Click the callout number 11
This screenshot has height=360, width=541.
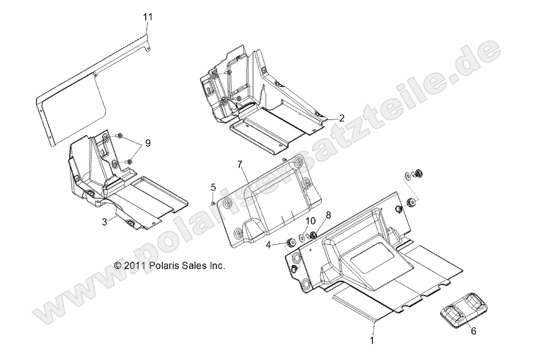148,17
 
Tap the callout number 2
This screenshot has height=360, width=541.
341,118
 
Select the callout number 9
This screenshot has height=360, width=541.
148,143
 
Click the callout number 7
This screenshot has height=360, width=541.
241,165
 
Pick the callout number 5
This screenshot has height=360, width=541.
213,187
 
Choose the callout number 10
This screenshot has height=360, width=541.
311,221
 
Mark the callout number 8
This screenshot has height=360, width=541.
328,215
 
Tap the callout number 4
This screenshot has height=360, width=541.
268,246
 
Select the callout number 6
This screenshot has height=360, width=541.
472,330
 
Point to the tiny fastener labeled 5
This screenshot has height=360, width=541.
213,201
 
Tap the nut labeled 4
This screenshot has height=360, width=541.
289,242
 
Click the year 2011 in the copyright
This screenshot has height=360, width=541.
135,266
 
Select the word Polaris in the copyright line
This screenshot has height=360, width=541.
164,266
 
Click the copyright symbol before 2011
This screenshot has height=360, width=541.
118,266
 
